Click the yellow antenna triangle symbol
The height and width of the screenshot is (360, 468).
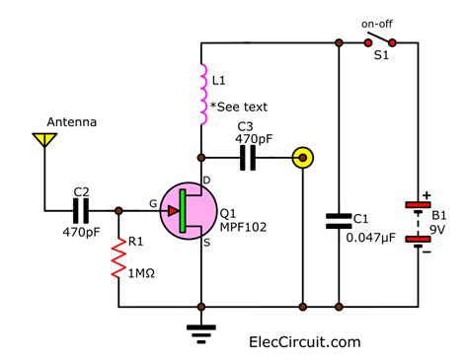tap(44, 141)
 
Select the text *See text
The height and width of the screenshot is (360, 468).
tap(243, 108)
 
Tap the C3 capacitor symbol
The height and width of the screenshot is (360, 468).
tap(246, 156)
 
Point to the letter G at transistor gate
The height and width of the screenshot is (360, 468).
tap(153, 202)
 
